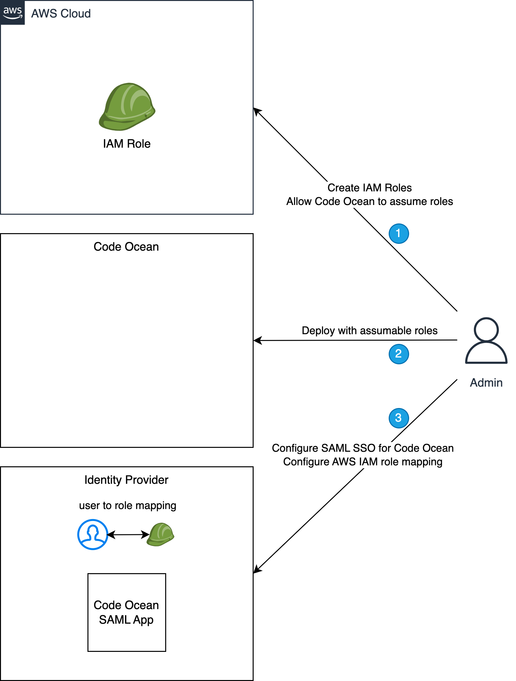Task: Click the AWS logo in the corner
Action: pos(13,12)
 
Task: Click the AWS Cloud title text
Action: pos(61,14)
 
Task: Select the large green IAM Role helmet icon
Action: pos(127,107)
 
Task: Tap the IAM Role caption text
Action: pos(127,144)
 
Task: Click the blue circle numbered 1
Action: pos(398,233)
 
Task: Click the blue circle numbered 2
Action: pos(398,354)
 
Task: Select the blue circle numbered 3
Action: pos(398,418)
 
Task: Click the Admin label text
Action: pos(486,383)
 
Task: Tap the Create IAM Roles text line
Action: pos(370,188)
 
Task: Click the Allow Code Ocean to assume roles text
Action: pos(370,201)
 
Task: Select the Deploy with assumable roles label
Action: pos(370,331)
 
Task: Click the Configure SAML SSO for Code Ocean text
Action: pos(362,448)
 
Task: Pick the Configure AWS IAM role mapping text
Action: pos(362,462)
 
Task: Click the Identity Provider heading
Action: pos(126,480)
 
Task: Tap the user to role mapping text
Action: pos(128,505)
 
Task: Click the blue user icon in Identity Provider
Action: pos(93,535)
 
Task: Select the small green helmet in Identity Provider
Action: pos(160,535)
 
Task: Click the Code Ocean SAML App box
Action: pos(127,612)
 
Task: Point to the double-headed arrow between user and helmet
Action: pos(128,535)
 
